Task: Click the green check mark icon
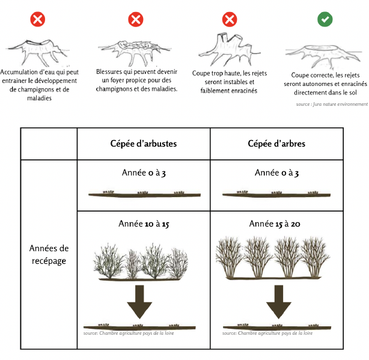pyautogui.click(x=325, y=19)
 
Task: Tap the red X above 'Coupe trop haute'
pyautogui.click(x=230, y=19)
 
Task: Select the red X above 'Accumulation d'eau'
pyautogui.click(x=38, y=19)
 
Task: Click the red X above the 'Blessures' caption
pyautogui.click(x=136, y=19)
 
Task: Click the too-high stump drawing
pyautogui.click(x=225, y=48)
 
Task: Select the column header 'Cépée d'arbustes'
pyautogui.click(x=143, y=144)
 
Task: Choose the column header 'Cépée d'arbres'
pyautogui.click(x=276, y=144)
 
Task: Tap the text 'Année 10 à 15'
pyautogui.click(x=144, y=224)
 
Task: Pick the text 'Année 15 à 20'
pyautogui.click(x=276, y=224)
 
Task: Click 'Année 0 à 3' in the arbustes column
pyautogui.click(x=143, y=173)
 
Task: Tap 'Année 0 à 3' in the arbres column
pyautogui.click(x=276, y=173)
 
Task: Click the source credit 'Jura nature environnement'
pyautogui.click(x=331, y=104)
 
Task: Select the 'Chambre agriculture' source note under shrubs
pyautogui.click(x=129, y=333)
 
